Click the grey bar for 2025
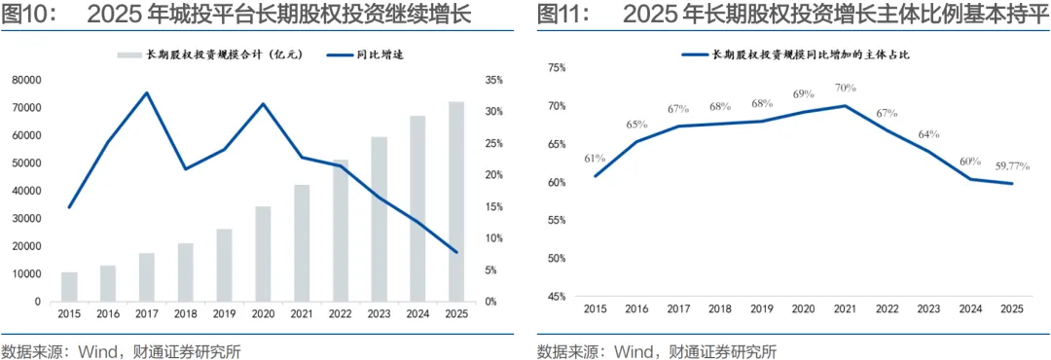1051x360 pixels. pyautogui.click(x=455, y=201)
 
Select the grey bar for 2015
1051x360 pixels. pyautogui.click(x=69, y=287)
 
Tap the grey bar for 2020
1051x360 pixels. pyautogui.click(x=263, y=253)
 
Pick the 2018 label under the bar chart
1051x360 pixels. pyautogui.click(x=185, y=313)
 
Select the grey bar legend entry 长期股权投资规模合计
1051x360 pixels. pyautogui.click(x=212, y=55)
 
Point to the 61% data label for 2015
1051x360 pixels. pyautogui.click(x=596, y=159)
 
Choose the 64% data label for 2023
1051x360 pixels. pyautogui.click(x=929, y=134)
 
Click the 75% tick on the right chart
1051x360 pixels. pyautogui.click(x=557, y=68)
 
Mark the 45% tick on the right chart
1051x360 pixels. pyautogui.click(x=557, y=297)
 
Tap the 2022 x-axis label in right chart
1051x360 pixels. pyautogui.click(x=888, y=309)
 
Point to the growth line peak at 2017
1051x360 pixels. pyautogui.click(x=147, y=92)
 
